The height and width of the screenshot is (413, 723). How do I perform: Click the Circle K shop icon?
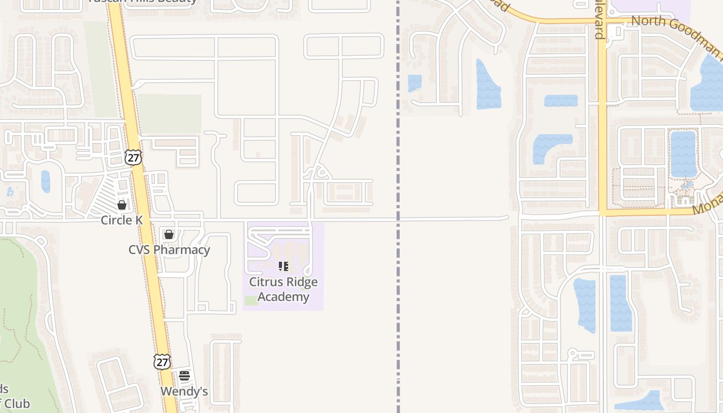pos(122,205)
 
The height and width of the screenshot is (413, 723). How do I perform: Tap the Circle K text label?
pos(122,220)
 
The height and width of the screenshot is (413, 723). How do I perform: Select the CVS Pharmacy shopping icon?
pos(168,234)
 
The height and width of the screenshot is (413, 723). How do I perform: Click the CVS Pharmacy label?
pos(169,250)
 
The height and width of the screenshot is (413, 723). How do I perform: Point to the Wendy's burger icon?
pos(184,376)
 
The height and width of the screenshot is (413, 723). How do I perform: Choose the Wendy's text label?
pos(184,391)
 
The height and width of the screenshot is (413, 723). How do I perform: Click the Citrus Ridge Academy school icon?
pos(283,266)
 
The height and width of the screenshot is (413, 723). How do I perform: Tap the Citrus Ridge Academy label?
pos(283,289)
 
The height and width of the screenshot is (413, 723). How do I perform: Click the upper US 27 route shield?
pos(133,157)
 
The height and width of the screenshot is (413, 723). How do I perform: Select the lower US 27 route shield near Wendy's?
pos(162,361)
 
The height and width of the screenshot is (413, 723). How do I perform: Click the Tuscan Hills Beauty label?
pos(143,2)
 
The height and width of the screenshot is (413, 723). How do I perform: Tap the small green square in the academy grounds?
pos(252,300)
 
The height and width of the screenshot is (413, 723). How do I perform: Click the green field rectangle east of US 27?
pos(169,114)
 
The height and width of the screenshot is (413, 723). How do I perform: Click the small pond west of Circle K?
pos(45,181)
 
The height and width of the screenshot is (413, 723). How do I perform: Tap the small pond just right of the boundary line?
pos(414,83)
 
